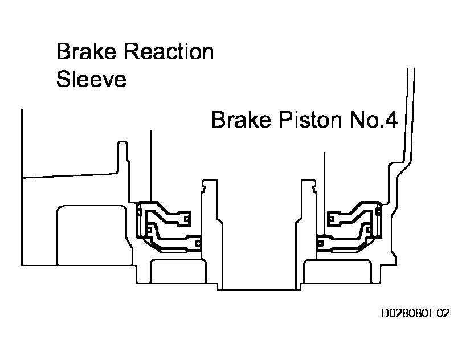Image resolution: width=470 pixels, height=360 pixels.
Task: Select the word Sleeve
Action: (91, 80)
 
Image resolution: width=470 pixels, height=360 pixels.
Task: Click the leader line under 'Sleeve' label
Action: (151, 165)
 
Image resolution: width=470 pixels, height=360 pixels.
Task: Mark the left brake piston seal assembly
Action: (168, 226)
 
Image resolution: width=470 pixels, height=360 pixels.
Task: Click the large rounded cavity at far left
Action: (91, 234)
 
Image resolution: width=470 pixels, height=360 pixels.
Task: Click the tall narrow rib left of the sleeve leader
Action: (120, 157)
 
